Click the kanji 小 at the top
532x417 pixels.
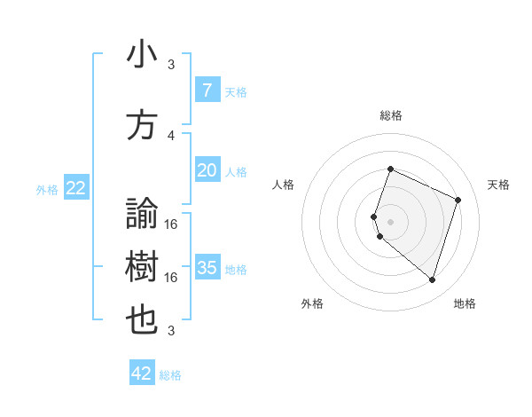(143, 56)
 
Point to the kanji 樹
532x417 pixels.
(143, 267)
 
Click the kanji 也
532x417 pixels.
(143, 320)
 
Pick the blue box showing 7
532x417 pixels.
(207, 90)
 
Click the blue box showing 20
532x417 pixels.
(207, 170)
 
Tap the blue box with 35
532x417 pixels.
(207, 268)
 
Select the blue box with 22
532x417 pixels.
(76, 188)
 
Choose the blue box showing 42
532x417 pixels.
(142, 374)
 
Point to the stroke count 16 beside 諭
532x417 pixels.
(171, 224)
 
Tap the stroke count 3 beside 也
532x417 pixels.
(171, 331)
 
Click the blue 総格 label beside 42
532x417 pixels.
(170, 375)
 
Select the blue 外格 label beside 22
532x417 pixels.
(47, 189)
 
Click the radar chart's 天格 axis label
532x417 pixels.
(498, 185)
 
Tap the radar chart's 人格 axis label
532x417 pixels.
(283, 185)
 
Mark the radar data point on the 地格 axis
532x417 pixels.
(432, 280)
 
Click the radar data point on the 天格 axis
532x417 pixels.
(458, 200)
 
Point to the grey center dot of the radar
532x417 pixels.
(390, 221)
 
